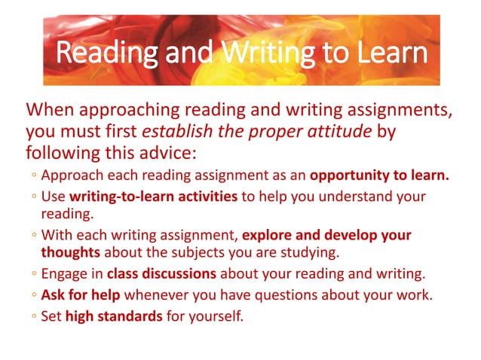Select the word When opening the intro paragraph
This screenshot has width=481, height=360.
(x=51, y=111)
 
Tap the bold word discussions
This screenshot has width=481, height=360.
(x=178, y=273)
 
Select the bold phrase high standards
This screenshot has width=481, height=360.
(x=113, y=315)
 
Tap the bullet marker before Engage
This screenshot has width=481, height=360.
(x=35, y=274)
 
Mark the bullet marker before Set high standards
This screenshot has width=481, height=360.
(x=35, y=316)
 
